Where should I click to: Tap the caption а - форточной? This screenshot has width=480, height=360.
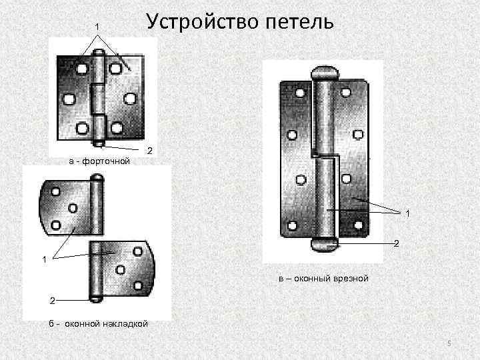pos(99,161)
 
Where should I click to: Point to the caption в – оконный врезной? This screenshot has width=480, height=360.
pos(323,277)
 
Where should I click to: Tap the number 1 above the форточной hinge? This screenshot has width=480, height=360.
pos(97,26)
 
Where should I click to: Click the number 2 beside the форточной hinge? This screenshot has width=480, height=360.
pos(150,151)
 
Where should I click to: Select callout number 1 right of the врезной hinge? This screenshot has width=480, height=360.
pos(407,213)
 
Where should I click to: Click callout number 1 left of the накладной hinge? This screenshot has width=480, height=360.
pos(45,259)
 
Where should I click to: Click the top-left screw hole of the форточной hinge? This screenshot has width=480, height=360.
pos(81,68)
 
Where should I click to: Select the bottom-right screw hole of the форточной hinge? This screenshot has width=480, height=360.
pos(117,128)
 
